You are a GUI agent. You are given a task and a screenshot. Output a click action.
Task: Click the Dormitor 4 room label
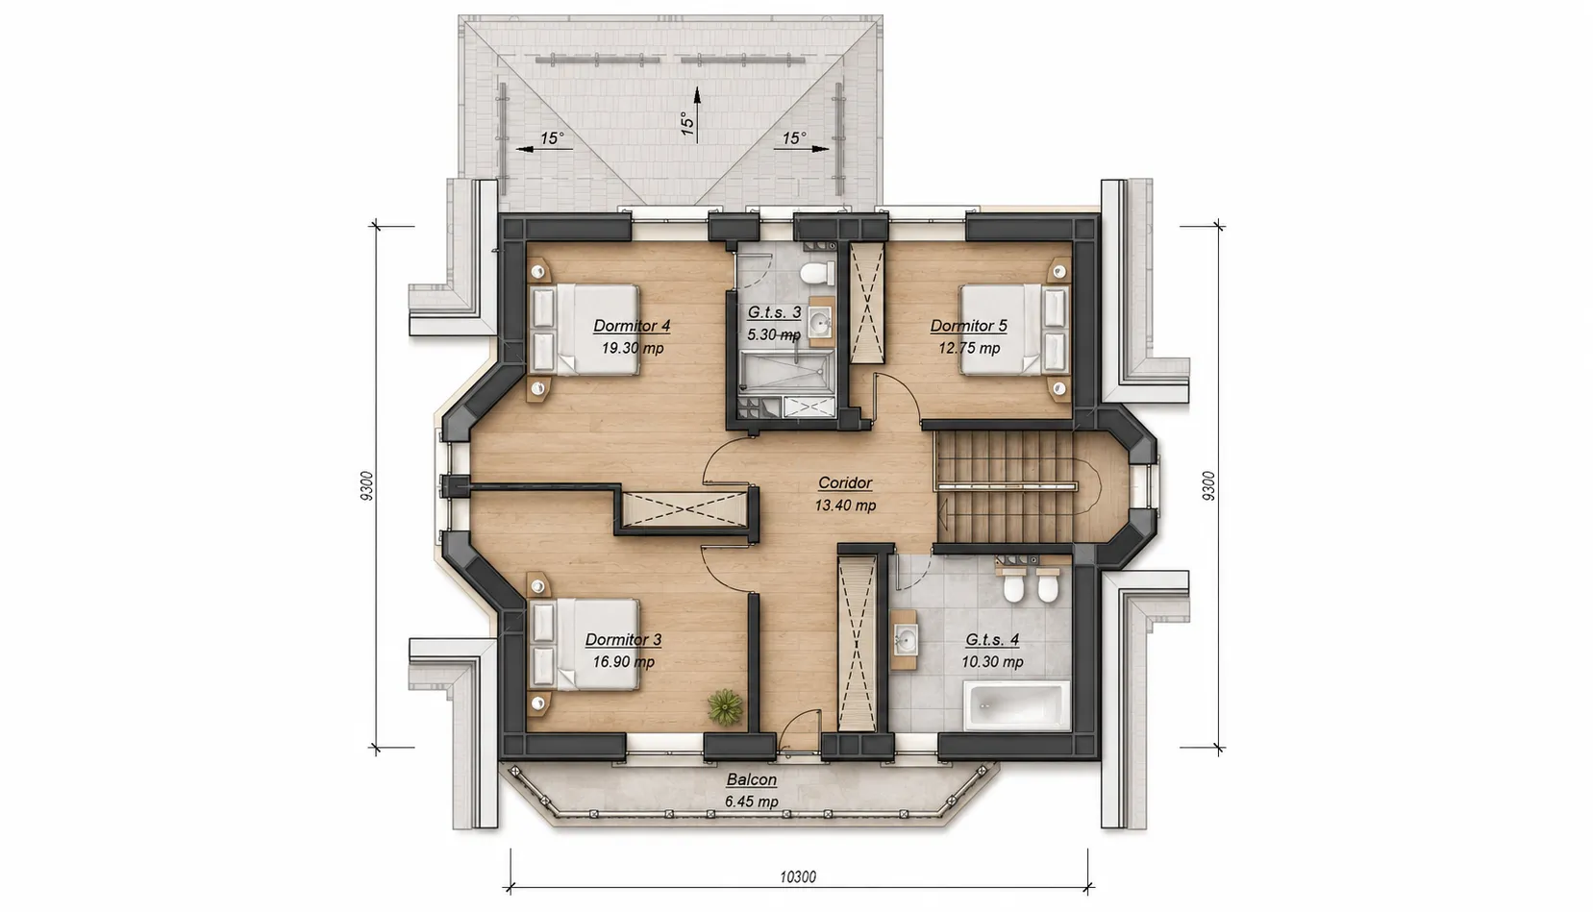click(x=632, y=326)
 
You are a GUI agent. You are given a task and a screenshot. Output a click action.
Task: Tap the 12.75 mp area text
click(x=969, y=348)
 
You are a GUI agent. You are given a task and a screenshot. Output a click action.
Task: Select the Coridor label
click(x=845, y=482)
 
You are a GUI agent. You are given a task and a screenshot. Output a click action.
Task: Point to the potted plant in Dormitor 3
click(x=726, y=706)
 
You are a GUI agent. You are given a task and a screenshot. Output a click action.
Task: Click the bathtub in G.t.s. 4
click(x=1017, y=705)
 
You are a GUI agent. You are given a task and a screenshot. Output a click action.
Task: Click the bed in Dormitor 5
click(x=1013, y=329)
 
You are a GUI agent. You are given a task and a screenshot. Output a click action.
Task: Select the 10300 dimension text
click(x=798, y=876)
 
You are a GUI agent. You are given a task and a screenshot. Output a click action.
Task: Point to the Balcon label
click(x=751, y=779)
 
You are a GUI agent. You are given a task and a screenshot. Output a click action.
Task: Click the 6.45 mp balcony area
click(x=751, y=801)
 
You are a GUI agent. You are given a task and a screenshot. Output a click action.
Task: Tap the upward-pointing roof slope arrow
click(x=697, y=114)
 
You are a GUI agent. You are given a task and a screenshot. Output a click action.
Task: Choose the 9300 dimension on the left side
click(x=366, y=486)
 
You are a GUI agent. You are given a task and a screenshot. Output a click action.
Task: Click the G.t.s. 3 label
click(x=775, y=312)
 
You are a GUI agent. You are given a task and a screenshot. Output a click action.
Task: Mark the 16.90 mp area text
click(x=624, y=662)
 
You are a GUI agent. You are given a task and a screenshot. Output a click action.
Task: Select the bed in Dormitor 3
click(x=585, y=644)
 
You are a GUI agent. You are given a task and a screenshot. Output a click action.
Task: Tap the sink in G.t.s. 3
click(x=821, y=326)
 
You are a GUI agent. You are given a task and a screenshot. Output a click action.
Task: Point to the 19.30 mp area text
click(x=633, y=348)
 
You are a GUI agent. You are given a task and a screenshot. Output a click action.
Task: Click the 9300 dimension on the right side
click(x=1208, y=486)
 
